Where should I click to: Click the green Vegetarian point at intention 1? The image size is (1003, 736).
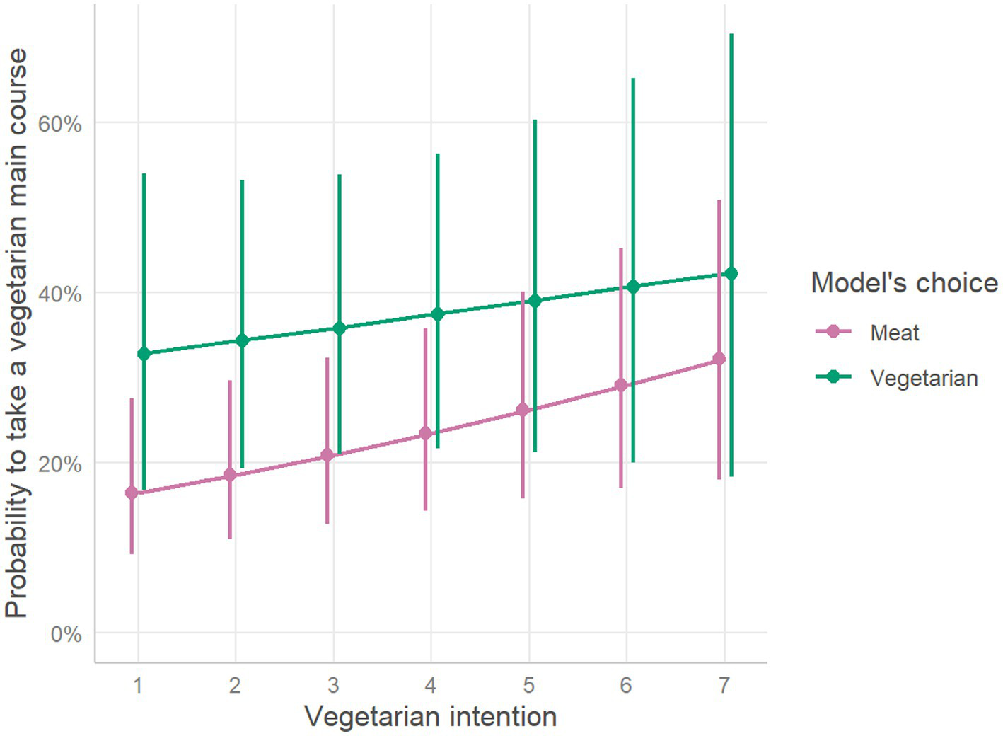click(144, 354)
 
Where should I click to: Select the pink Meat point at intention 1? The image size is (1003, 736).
click(132, 493)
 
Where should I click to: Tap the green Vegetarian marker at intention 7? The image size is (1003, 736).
click(731, 274)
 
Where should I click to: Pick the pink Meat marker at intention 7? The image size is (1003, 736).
click(719, 360)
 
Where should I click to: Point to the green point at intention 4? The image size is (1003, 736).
click(438, 314)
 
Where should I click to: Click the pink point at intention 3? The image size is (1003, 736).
click(327, 455)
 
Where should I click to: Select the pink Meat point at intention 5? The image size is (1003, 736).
click(523, 410)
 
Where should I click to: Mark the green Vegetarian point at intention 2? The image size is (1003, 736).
click(242, 341)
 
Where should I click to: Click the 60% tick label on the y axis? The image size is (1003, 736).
click(59, 125)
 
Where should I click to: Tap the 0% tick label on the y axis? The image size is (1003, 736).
click(66, 634)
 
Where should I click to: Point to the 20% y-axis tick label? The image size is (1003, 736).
click(59, 464)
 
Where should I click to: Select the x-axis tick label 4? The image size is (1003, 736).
click(430, 685)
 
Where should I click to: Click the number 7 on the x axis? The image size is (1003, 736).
click(724, 685)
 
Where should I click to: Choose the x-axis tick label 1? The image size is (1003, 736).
click(138, 685)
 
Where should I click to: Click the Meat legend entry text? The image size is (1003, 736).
click(894, 333)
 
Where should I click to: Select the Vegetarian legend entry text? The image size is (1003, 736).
click(924, 379)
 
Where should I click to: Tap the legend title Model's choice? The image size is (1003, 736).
click(904, 283)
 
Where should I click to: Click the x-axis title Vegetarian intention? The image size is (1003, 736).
click(430, 717)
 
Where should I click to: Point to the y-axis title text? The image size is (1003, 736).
click(17, 333)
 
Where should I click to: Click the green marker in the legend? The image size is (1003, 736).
click(833, 377)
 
